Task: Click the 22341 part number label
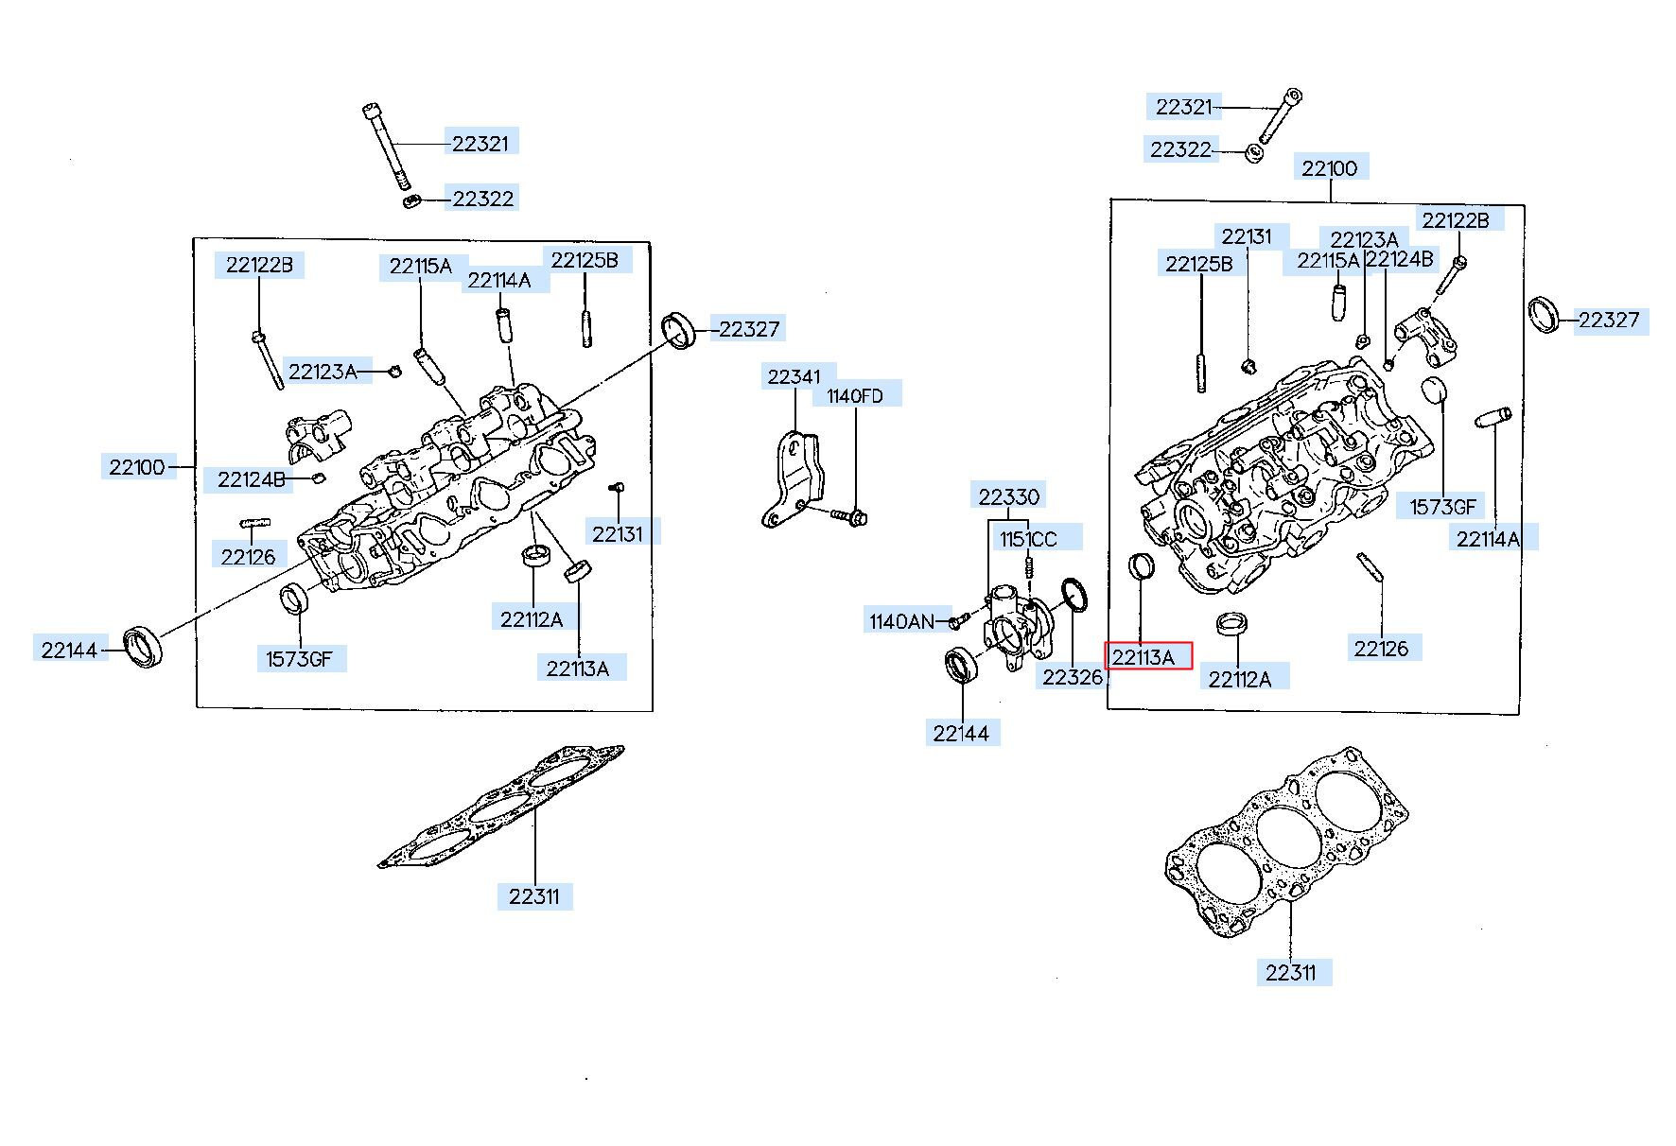[794, 376]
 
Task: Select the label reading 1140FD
[855, 395]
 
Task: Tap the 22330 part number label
[1009, 496]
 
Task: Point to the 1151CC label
[1029, 539]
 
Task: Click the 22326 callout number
[1073, 677]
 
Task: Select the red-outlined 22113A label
[1148, 656]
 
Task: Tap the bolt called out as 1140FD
[850, 516]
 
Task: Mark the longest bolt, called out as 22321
[386, 148]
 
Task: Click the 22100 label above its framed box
[1329, 168]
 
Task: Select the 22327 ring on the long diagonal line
[677, 329]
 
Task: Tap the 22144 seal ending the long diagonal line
[144, 647]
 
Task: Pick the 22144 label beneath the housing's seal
[962, 733]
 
